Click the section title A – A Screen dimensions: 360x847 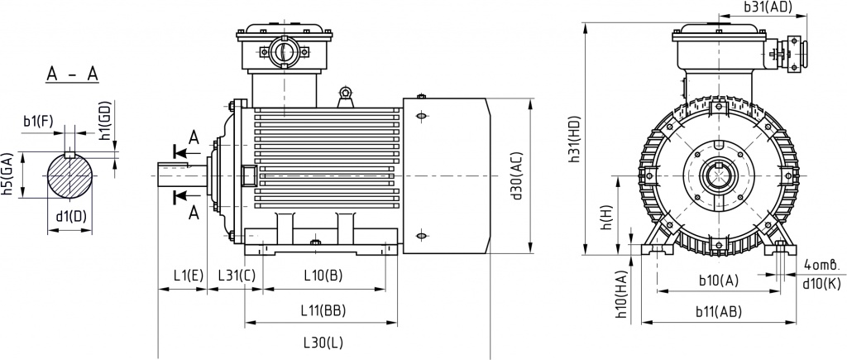[x=72, y=74]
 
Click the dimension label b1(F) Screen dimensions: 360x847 [x=38, y=122]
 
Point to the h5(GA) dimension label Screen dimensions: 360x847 [x=7, y=175]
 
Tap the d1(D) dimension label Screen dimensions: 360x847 [x=71, y=217]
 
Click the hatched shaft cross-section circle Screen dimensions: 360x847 [x=71, y=175]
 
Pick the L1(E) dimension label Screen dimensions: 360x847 [x=189, y=274]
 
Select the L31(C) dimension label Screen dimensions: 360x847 [x=236, y=274]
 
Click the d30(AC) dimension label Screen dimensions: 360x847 [x=517, y=176]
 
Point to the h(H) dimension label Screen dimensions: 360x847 [x=606, y=218]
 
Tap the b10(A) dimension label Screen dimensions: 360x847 [x=718, y=281]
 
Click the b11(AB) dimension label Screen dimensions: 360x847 [x=717, y=311]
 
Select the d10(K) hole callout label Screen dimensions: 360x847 [x=821, y=284]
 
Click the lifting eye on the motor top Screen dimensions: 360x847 [x=346, y=94]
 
